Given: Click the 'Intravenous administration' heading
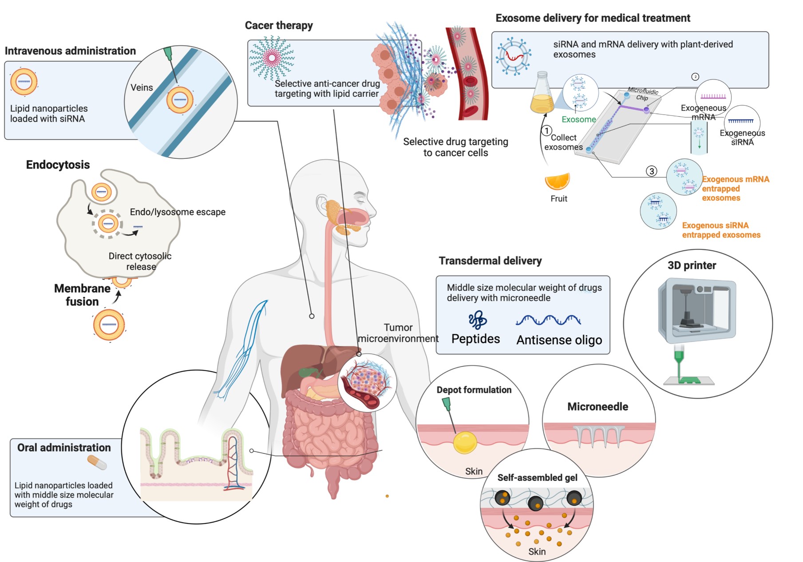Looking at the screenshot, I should (x=70, y=51).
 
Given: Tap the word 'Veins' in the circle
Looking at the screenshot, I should (x=142, y=88).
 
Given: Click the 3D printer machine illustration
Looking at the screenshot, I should (x=696, y=311).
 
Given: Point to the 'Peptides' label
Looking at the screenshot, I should (x=475, y=339).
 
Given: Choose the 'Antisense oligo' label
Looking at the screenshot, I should (x=559, y=340).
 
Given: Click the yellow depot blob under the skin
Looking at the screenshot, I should (x=465, y=443).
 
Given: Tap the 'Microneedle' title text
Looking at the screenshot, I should (x=597, y=407).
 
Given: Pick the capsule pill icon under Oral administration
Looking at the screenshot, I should (x=97, y=463).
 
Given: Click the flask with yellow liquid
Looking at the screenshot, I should (x=542, y=94).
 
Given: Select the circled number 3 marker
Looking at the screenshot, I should (x=651, y=171).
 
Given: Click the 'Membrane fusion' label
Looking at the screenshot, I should (x=82, y=295).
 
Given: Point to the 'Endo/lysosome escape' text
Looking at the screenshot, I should (x=178, y=212).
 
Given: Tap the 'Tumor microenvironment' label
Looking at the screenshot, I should (x=398, y=333).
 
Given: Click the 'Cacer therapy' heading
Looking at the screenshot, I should (x=279, y=26).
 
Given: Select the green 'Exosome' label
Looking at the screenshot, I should (x=578, y=119).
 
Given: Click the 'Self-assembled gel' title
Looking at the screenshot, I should (x=537, y=478).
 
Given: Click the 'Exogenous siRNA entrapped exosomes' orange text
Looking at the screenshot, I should (x=721, y=230).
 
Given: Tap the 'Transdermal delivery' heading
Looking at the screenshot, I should (x=490, y=261).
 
